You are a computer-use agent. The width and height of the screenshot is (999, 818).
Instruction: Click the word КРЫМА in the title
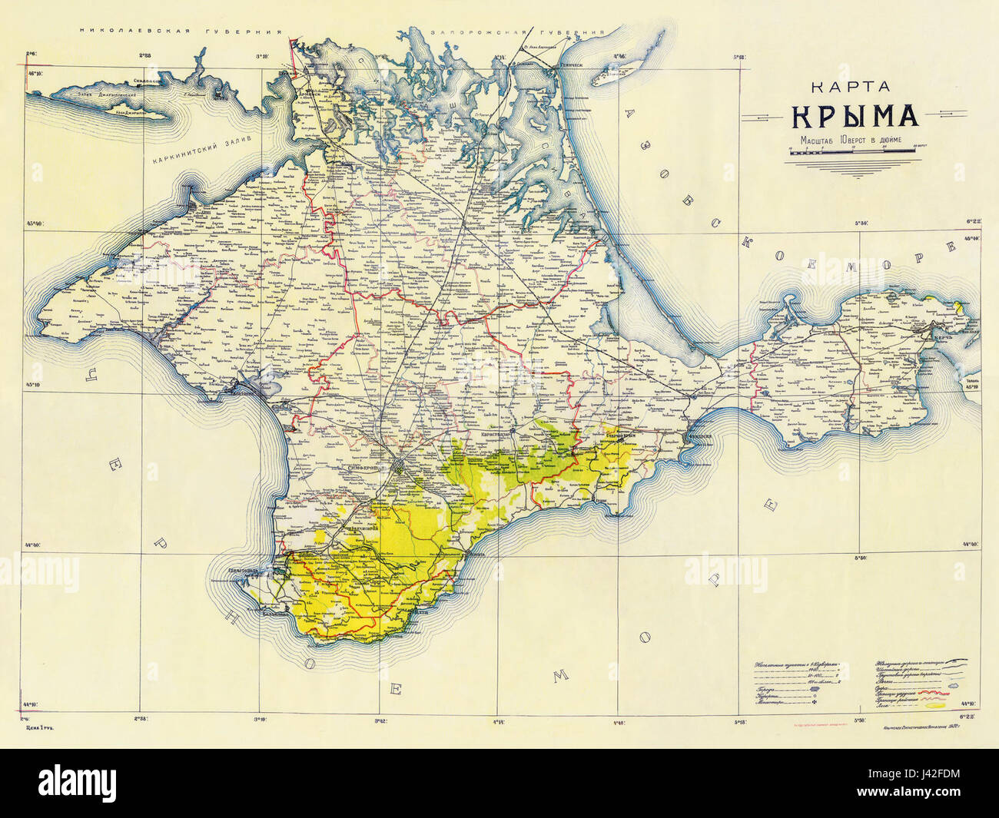855,115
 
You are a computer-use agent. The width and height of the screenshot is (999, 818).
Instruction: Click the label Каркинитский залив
191,152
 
